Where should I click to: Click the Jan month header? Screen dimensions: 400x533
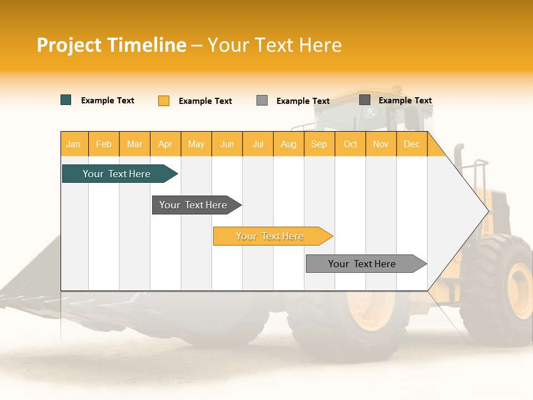click(73, 144)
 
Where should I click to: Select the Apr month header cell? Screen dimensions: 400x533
click(165, 144)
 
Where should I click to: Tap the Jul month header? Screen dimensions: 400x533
click(258, 144)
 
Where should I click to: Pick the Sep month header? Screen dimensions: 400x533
click(319, 144)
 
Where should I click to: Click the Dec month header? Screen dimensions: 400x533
click(411, 144)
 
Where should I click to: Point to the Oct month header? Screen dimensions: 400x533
click(350, 144)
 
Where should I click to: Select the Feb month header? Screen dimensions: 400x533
click(104, 144)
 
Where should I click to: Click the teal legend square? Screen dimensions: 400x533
click(66, 100)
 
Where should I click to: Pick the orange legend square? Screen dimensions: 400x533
click(163, 101)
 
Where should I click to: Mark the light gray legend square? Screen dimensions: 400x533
click(262, 100)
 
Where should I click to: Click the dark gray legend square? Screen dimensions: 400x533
click(365, 100)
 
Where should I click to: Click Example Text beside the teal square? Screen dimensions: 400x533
click(108, 101)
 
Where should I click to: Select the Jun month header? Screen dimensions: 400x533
click(227, 144)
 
